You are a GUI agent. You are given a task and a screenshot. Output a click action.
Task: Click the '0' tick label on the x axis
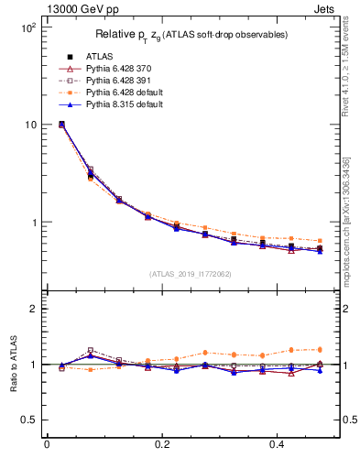click(47, 445)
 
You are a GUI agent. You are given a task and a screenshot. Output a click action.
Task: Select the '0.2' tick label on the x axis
click(163, 445)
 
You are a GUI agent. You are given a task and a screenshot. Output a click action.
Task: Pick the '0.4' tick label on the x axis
click(279, 445)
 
